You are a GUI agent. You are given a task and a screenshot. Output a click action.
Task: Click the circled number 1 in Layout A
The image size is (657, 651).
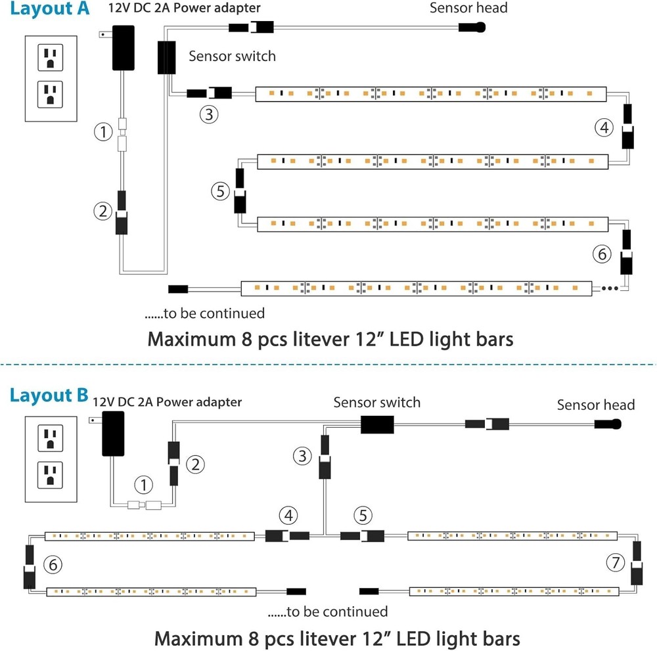[x=103, y=133]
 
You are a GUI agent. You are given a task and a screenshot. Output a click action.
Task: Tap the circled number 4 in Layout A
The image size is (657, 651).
[x=604, y=127]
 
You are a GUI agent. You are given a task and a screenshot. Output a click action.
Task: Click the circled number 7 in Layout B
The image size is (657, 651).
[x=615, y=562]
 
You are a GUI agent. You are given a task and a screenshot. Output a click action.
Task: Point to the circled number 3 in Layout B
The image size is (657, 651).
[x=302, y=455]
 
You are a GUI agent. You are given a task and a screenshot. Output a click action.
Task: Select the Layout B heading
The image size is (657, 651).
[x=49, y=395]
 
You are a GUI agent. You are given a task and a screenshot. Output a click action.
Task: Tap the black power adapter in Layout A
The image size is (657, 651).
[x=123, y=48]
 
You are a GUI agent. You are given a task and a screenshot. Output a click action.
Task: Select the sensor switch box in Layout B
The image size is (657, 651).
[x=377, y=424]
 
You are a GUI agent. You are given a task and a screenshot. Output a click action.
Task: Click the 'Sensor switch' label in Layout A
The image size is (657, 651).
[x=232, y=56]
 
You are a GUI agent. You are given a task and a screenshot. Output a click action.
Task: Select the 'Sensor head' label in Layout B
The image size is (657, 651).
[x=595, y=405]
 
